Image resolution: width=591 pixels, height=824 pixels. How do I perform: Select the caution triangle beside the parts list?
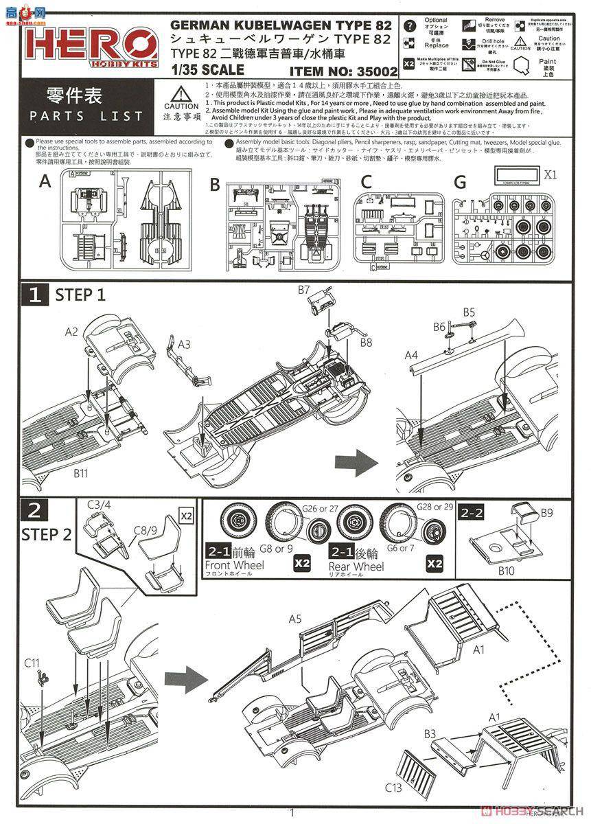[x=181, y=95]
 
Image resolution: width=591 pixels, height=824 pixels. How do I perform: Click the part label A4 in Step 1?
[x=410, y=355]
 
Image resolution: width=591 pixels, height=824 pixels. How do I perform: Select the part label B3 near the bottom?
[x=430, y=733]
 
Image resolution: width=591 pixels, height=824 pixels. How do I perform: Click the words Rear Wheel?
[x=356, y=567]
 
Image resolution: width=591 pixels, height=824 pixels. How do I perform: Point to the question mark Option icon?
[x=410, y=27]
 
